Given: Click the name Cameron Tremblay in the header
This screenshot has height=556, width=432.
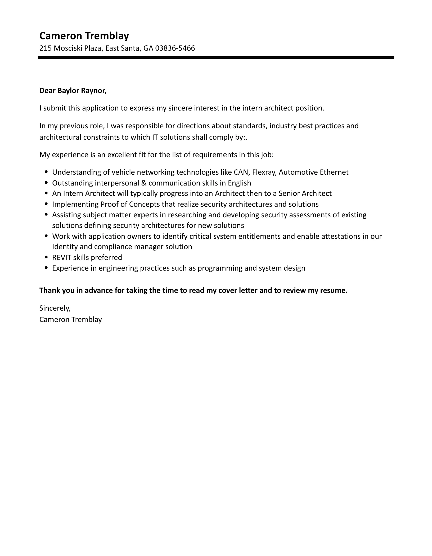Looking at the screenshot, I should (x=84, y=36).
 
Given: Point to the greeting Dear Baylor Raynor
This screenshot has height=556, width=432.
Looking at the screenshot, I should (x=73, y=91).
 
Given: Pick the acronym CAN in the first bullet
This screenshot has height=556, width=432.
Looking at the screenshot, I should (x=241, y=172).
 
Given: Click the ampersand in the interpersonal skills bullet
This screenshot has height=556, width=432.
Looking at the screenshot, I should (x=144, y=183).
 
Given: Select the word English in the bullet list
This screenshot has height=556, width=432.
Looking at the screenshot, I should (x=239, y=183).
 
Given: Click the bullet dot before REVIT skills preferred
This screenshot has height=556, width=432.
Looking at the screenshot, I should (x=47, y=257).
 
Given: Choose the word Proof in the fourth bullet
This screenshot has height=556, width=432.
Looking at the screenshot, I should (x=110, y=204).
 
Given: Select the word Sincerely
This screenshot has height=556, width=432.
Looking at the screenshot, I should (x=55, y=308).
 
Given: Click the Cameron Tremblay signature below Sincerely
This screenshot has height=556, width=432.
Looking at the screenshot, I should (x=70, y=320).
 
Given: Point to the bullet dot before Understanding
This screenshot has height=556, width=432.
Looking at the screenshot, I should (x=47, y=172).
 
